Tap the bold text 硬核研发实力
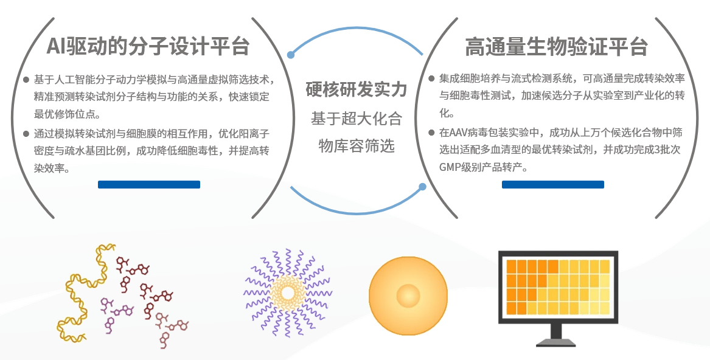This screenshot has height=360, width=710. click(x=356, y=91)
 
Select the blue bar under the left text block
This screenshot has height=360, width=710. click(x=149, y=184)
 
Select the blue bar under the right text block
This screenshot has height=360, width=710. click(x=552, y=184)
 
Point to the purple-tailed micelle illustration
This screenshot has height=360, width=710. click(x=287, y=291)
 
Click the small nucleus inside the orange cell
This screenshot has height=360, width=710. click(x=408, y=296)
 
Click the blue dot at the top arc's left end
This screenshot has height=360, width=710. click(x=291, y=55)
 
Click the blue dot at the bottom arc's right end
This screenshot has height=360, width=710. click(x=420, y=188)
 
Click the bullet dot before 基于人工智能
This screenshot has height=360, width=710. click(x=26, y=80)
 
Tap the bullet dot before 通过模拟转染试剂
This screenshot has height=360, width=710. click(x=26, y=133)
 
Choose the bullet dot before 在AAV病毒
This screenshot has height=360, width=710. click(x=431, y=132)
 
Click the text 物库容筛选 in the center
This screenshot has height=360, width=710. click(x=356, y=146)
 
